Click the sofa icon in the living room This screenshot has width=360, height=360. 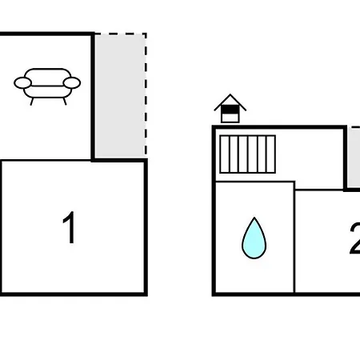pos(47,86)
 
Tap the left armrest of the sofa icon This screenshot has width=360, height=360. pos(22,83)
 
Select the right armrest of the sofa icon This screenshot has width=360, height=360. pos(72,83)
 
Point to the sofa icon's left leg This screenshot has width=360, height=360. pos(32,102)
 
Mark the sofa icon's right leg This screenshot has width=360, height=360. pos(65,102)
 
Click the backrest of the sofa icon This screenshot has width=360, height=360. pos(48,77)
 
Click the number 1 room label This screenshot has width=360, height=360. pos(69,227)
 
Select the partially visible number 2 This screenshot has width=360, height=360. pos(354,238)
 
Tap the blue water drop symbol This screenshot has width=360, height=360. pos(254,238)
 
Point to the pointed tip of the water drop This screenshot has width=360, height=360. pos(254,218)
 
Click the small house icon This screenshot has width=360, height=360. pos(230,109)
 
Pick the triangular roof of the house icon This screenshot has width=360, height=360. pos(230,102)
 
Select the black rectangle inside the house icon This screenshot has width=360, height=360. pos(230,110)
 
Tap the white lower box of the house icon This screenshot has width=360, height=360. pos(230,118)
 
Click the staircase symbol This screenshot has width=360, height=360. pos(248,154)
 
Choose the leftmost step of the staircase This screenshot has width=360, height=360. pos(225,154)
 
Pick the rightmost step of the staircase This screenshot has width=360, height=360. pos(271,154)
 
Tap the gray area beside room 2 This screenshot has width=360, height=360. pos(354,158)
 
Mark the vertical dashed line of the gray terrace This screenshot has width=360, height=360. pos(146,94)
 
